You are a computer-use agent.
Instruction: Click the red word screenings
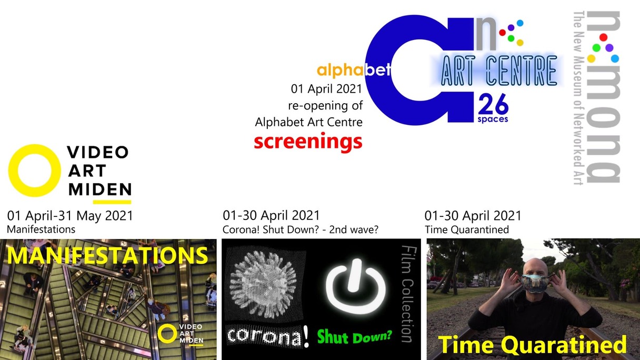click(308, 142)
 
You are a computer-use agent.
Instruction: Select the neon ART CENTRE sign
click(499, 71)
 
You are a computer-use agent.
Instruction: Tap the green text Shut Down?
click(355, 336)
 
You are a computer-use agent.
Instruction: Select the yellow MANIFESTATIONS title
click(107, 255)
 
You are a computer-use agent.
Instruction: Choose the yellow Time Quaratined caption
click(532, 345)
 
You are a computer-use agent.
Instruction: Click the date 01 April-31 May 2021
click(70, 216)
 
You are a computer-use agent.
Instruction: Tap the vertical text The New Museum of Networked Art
click(579, 98)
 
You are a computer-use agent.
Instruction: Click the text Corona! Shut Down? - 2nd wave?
click(301, 229)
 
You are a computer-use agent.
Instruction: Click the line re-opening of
click(325, 106)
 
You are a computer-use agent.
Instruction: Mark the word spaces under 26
click(493, 119)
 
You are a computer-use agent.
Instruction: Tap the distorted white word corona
click(264, 336)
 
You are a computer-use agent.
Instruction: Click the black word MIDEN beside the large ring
click(100, 189)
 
